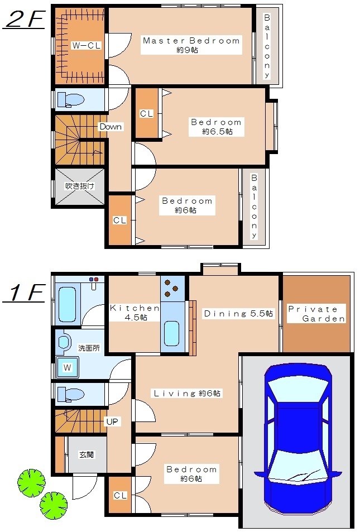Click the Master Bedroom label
(x=191, y=41)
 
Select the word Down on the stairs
(x=110, y=127)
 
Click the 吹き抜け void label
(x=80, y=186)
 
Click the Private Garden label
(x=316, y=314)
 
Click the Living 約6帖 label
(x=188, y=394)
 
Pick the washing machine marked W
(x=67, y=368)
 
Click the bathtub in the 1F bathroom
(x=66, y=305)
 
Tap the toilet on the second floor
(x=70, y=100)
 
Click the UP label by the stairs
(x=112, y=421)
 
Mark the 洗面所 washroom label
(x=89, y=347)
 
